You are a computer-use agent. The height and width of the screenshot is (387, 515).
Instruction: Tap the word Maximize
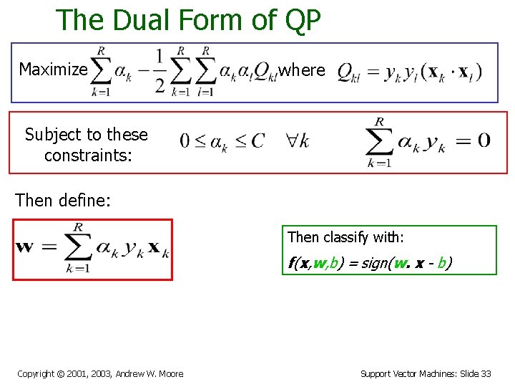53,70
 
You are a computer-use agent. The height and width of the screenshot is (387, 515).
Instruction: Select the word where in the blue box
302,70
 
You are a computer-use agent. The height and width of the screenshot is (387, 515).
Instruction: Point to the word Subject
53,134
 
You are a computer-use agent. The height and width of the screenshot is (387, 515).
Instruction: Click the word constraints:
88,155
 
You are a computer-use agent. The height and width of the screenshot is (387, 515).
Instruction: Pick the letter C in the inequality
257,140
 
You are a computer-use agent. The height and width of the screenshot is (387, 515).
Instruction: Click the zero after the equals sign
484,140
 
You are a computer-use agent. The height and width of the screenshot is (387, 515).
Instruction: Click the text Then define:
63,200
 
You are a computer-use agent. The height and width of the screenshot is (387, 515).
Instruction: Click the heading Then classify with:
346,237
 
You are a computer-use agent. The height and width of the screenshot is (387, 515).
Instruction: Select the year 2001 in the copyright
77,373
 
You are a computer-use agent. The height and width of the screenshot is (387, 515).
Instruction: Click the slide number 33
486,373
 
